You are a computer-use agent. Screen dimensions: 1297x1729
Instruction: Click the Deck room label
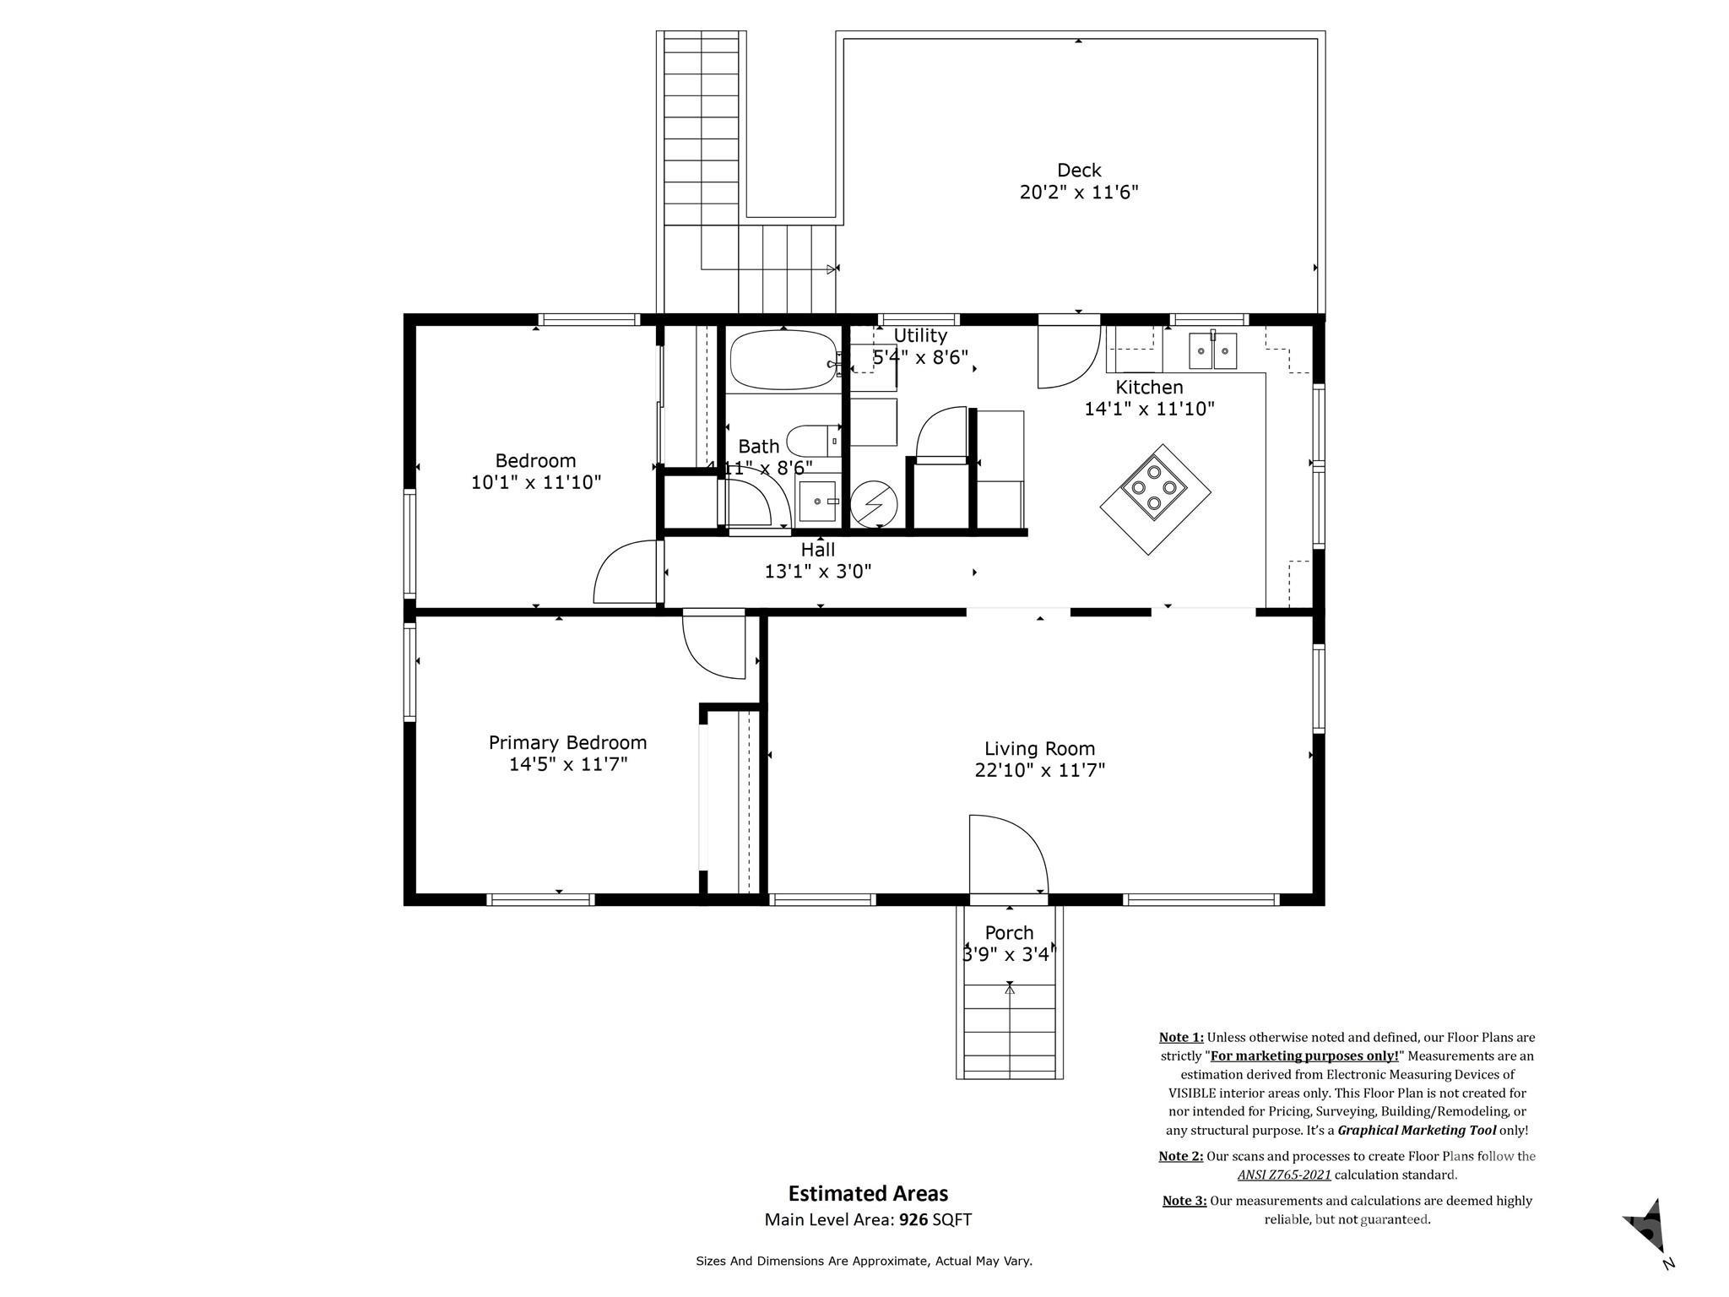pos(1078,171)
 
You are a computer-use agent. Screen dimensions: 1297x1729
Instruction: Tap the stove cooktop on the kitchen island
pos(1153,487)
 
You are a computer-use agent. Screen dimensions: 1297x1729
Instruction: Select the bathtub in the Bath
pos(783,360)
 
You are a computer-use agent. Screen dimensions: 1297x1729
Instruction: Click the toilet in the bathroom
pos(810,441)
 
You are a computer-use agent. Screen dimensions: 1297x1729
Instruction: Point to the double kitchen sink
pos(1212,350)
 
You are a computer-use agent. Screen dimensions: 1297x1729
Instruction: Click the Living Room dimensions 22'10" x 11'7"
pos(1039,770)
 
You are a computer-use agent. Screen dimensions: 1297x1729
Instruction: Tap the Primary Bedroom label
pos(567,742)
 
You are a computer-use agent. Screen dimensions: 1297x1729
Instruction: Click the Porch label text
pos(1009,932)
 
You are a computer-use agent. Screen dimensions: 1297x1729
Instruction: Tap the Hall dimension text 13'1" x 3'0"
pos(817,572)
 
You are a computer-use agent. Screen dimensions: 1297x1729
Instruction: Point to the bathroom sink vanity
pos(817,502)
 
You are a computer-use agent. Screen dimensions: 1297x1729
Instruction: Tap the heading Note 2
pos(1180,1156)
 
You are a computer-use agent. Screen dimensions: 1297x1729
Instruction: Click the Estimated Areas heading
pos(868,1193)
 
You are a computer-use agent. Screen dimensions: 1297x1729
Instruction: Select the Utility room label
pos(920,335)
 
